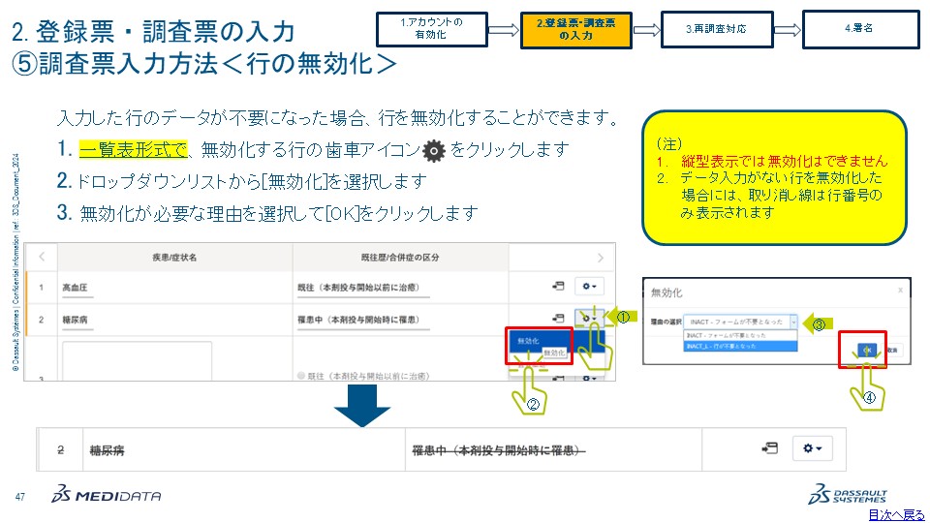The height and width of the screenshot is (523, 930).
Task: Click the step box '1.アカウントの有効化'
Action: coord(432,29)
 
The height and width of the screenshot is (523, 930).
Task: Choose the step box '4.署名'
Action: coord(861,29)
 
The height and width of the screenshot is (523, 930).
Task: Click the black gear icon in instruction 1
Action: coord(435,150)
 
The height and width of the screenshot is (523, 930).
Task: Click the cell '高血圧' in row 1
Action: coord(77,288)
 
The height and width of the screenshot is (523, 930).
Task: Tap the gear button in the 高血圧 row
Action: coord(588,287)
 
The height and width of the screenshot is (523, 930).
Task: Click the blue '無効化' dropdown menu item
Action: coord(529,342)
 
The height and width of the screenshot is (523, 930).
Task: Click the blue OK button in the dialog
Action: coord(868,349)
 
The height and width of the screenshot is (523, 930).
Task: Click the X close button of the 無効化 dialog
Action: coord(900,289)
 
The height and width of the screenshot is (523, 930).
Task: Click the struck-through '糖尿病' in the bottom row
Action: coord(106,449)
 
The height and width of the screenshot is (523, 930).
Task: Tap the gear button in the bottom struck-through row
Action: coord(812,448)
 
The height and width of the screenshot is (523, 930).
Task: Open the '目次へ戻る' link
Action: coord(896,514)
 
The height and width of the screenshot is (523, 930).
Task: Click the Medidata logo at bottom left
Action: coord(108,496)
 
